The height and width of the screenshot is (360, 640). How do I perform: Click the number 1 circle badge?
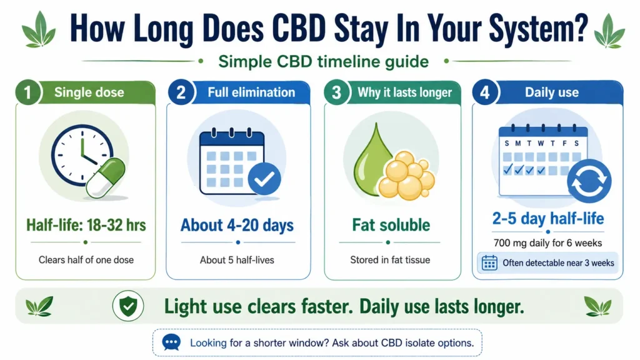[27, 92]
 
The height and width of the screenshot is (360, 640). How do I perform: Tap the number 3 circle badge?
[336, 92]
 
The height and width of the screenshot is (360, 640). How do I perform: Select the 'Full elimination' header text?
[251, 92]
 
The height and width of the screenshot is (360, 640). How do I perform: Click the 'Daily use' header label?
[551, 92]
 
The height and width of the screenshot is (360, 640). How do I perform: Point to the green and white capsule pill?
[106, 178]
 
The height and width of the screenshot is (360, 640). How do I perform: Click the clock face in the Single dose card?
[82, 155]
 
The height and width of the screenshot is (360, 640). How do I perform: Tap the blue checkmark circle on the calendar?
[264, 179]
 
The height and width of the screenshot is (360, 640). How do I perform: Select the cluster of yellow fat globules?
[406, 176]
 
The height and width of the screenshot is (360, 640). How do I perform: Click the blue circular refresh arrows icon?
[589, 181]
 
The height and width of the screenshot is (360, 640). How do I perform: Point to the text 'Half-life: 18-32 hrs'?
[86, 225]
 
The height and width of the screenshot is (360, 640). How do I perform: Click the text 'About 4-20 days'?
[237, 225]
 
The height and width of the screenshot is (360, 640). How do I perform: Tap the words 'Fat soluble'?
[391, 225]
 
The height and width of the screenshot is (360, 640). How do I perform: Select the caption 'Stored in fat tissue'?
[390, 260]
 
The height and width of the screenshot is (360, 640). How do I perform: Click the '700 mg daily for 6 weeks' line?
[547, 243]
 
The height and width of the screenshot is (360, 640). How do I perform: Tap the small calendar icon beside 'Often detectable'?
[489, 263]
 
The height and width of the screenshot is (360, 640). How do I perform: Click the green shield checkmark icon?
[128, 306]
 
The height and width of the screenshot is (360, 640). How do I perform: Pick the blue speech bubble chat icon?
[171, 342]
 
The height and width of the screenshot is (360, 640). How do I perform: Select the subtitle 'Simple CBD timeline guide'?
[323, 62]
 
